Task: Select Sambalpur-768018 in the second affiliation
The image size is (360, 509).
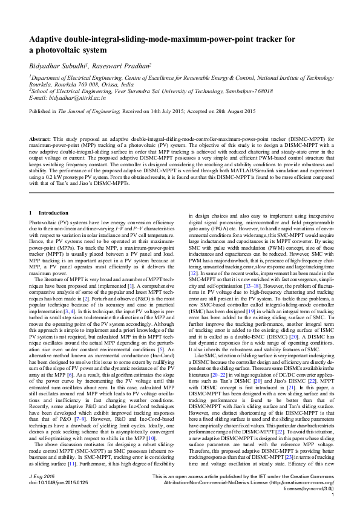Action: (x=226, y=91)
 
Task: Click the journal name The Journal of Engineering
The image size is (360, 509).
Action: (x=106, y=112)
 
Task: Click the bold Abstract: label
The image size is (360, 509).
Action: (x=40, y=139)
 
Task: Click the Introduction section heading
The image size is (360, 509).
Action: (x=53, y=213)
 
